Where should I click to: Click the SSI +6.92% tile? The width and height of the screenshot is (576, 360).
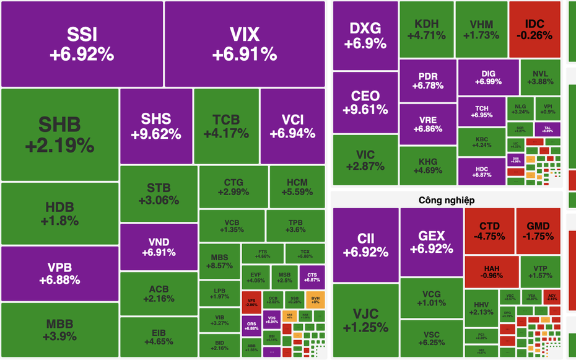click(x=82, y=44)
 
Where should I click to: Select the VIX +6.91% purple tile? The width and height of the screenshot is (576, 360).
click(x=245, y=44)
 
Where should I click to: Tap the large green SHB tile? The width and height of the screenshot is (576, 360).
click(x=59, y=134)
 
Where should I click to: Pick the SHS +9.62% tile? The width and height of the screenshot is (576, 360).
click(x=156, y=126)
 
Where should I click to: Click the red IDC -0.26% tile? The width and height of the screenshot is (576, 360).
click(x=535, y=29)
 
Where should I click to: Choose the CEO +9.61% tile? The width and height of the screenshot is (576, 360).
click(x=365, y=102)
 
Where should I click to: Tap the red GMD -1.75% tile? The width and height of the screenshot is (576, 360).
click(x=538, y=230)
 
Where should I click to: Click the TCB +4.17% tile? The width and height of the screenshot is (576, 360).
click(x=226, y=126)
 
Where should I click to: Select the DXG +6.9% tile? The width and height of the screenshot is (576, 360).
click(x=365, y=35)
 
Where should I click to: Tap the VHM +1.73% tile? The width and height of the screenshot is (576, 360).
click(x=481, y=29)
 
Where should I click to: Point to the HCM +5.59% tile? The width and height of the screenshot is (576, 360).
click(x=297, y=186)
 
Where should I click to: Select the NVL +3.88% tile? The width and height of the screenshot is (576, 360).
click(x=539, y=77)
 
